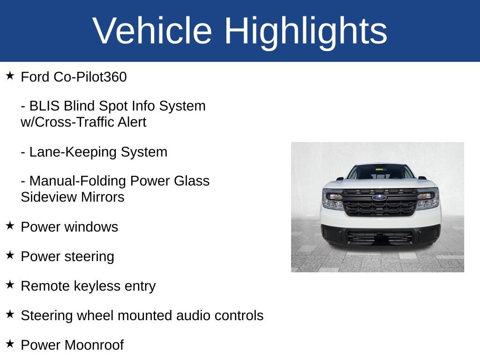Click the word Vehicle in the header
click(152, 30)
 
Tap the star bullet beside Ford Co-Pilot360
click(10, 75)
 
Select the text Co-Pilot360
click(90, 77)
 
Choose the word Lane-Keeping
click(73, 152)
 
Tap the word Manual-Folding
click(78, 181)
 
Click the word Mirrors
click(103, 197)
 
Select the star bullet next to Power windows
click(10, 225)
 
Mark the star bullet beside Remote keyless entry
click(10, 285)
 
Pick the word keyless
click(97, 286)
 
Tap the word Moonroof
click(94, 345)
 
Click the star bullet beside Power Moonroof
click(10, 344)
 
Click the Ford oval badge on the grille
click(379, 198)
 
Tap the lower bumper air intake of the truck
click(380, 237)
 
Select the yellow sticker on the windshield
click(379, 169)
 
